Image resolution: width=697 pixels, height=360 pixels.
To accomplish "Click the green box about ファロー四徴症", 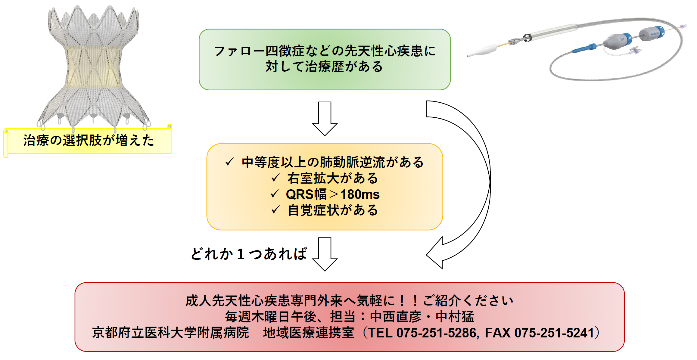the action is click(x=325, y=60).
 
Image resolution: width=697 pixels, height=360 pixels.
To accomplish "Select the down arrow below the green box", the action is click(x=325, y=119).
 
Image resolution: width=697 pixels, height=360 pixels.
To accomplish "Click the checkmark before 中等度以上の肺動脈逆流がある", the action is click(x=229, y=162).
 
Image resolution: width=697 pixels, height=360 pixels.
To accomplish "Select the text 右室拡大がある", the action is click(x=332, y=178).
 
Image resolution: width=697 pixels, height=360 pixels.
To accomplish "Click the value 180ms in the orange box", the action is click(x=360, y=194).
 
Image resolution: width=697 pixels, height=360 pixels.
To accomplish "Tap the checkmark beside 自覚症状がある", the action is click(x=275, y=210).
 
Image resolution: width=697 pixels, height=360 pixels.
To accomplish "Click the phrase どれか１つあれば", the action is click(x=249, y=254).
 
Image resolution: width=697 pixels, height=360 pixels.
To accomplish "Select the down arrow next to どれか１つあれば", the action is click(x=325, y=254).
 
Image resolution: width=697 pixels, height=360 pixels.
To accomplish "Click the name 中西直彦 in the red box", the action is click(x=396, y=317).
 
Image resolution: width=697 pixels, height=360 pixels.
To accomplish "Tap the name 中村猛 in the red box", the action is click(x=455, y=317).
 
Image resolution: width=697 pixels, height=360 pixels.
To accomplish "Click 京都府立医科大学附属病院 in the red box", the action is click(x=171, y=333).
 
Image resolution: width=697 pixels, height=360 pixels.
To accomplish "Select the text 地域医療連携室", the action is click(x=309, y=333).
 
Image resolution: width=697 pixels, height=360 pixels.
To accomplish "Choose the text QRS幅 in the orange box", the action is click(x=306, y=194).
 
